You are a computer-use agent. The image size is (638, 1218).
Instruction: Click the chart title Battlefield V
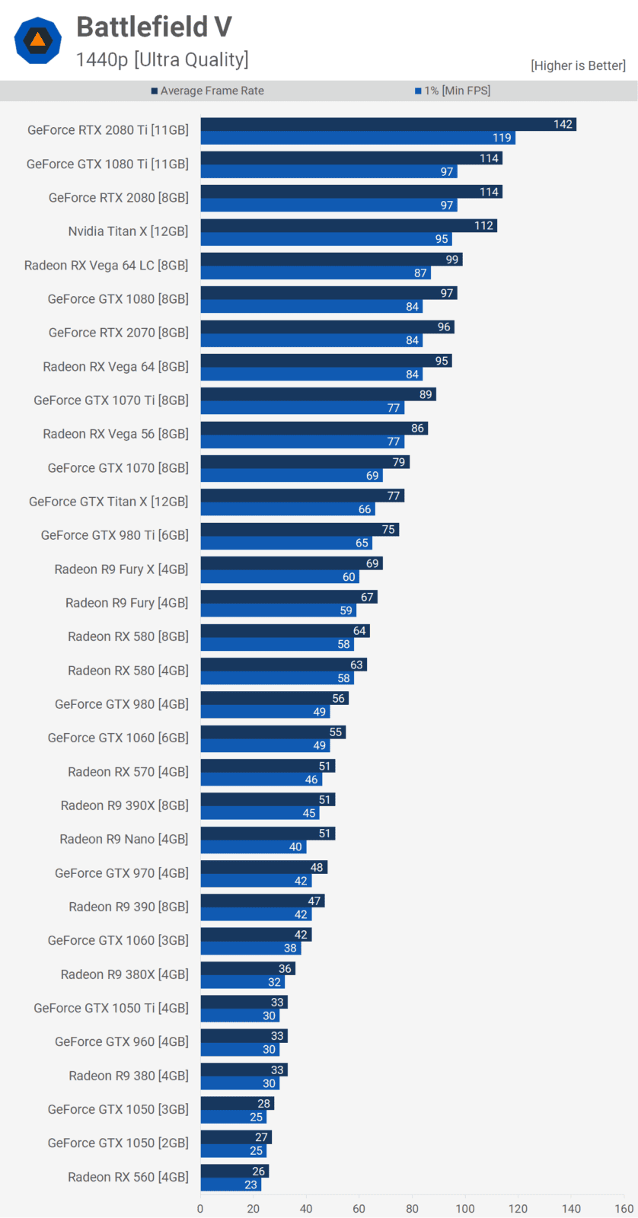(154, 27)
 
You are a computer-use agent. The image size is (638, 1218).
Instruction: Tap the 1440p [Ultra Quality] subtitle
(162, 59)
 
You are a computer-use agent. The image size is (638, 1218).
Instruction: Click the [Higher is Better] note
(578, 65)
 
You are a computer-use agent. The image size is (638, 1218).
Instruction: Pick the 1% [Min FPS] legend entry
(453, 91)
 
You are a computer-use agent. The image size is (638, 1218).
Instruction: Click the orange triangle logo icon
(37, 40)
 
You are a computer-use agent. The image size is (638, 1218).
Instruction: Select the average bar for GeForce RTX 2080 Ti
(388, 124)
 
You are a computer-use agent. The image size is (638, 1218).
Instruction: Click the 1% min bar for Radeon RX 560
(231, 1185)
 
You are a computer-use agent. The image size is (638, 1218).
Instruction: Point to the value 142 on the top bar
(563, 124)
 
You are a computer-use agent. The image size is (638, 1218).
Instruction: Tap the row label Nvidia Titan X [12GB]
(128, 231)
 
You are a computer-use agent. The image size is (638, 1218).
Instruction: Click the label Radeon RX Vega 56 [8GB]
(116, 434)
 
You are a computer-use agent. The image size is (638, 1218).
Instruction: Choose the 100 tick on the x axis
(465, 1208)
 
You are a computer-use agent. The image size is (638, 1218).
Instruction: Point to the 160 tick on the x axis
(624, 1208)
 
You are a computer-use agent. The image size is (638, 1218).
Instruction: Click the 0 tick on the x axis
(200, 1208)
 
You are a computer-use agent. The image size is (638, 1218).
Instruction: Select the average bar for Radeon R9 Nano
(268, 834)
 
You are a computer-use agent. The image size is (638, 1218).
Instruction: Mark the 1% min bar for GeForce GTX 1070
(292, 476)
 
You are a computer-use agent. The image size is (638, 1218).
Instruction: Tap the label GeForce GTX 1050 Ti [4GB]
(111, 1008)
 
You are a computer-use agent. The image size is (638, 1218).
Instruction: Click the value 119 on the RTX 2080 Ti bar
(502, 138)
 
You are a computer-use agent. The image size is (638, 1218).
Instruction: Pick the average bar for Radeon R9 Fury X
(292, 563)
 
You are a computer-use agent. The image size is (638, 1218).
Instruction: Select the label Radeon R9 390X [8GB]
(125, 805)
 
